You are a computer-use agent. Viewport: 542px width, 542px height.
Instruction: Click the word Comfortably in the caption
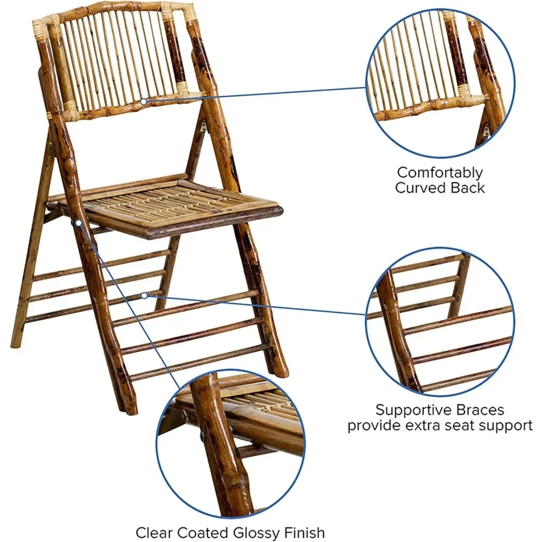coord(440,173)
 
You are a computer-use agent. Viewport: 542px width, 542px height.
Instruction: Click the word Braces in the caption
coord(477,410)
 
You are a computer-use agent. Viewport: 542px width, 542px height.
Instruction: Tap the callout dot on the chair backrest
coord(143,101)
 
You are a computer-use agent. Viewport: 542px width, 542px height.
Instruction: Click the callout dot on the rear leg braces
coord(144,295)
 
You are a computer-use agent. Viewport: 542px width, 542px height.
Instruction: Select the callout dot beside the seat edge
coord(79,222)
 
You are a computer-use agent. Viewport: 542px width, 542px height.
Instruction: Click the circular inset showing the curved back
coord(440,81)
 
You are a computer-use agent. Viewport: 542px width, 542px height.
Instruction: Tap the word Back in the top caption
coord(468,188)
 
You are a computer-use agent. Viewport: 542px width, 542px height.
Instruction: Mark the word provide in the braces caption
coord(373,425)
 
